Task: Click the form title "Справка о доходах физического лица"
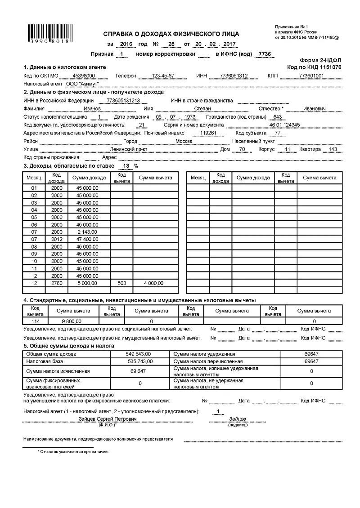pyautogui.click(x=171, y=34)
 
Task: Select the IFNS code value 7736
pyautogui.click(x=262, y=54)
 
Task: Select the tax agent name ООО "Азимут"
pyautogui.click(x=81, y=84)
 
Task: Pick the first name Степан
pyautogui.click(x=202, y=108)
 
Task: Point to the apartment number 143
pyautogui.click(x=333, y=149)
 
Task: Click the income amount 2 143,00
pyautogui.click(x=87, y=232)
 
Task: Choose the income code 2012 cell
pyautogui.click(x=57, y=239)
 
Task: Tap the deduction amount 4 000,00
pyautogui.click(x=154, y=283)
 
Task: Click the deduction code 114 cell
pyautogui.click(x=35, y=321)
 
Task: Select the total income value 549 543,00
pyautogui.click(x=139, y=354)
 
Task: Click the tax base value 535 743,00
pyautogui.click(x=139, y=361)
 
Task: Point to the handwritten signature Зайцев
pyautogui.click(x=238, y=419)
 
